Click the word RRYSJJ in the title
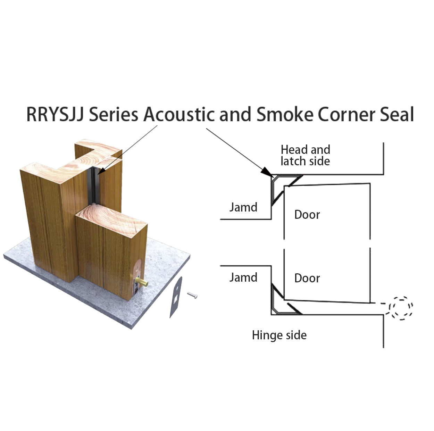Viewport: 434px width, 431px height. click(55, 114)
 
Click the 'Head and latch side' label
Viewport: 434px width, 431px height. click(306, 155)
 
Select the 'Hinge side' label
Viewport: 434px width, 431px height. click(279, 335)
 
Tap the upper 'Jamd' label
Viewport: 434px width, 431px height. click(243, 207)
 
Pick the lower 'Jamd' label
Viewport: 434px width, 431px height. click(243, 277)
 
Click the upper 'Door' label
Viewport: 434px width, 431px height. click(307, 215)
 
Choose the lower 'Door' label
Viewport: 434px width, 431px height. click(307, 278)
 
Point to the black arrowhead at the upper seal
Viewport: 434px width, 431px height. click(267, 172)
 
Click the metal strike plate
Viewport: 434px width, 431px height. click(175, 297)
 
